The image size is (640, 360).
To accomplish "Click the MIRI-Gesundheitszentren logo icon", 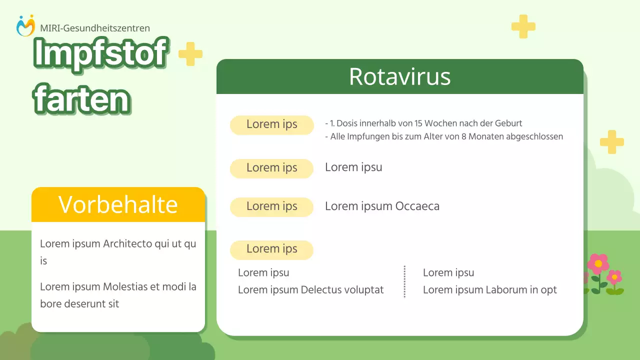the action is coord(25,25).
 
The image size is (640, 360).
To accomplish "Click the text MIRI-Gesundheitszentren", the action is coord(95,28).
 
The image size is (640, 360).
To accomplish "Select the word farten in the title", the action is coord(81,99).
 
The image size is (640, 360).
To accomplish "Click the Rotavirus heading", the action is coord(399,76).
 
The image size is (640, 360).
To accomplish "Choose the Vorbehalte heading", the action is coord(118,204).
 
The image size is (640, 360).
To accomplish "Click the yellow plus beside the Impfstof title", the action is coord(190,54).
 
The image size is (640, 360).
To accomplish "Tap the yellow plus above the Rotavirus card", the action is coord(523,26).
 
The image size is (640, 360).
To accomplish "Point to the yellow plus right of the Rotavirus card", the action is coord(611,142).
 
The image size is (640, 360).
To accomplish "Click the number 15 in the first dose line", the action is coord(418,123).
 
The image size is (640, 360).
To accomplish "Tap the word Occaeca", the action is coord(417,206).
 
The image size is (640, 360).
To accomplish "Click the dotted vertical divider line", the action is coord(404,281).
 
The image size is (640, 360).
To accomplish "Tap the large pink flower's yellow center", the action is coord(598,263).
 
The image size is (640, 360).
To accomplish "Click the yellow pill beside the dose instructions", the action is coord(271,125).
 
